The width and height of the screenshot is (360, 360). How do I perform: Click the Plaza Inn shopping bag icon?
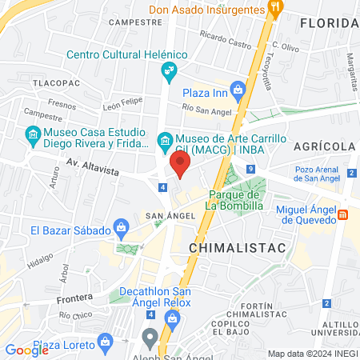[x=237, y=88]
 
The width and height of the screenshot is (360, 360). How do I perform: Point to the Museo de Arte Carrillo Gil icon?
[x=165, y=142]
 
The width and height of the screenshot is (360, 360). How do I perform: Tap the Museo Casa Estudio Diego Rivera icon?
[x=33, y=133]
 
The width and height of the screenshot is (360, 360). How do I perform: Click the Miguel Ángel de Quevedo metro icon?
[x=342, y=214]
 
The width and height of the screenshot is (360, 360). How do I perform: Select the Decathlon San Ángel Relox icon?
[x=172, y=318]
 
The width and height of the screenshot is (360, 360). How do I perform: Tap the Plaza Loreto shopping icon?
[x=106, y=342]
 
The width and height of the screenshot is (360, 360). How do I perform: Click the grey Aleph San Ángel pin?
[x=150, y=336]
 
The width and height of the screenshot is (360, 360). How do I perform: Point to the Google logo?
[x=26, y=350]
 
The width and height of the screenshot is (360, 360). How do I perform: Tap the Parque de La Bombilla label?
[x=234, y=200]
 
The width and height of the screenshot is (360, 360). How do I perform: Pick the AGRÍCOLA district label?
[x=324, y=146]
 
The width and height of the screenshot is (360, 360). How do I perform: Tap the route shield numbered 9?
[x=250, y=168]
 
